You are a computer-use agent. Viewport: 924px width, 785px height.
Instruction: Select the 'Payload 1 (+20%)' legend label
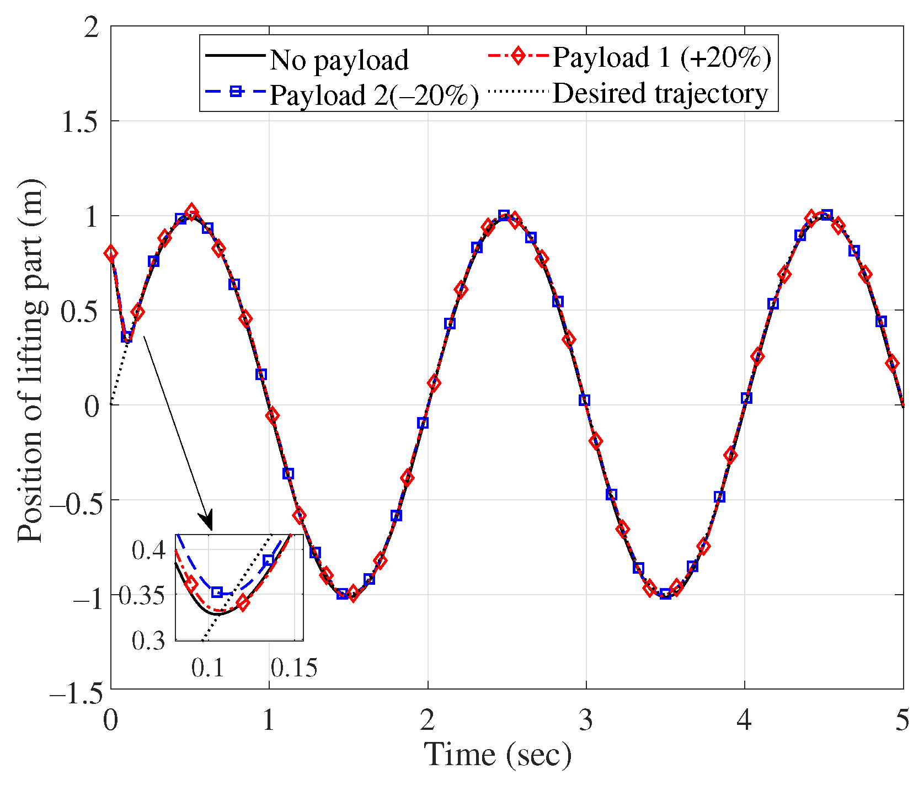tap(661, 57)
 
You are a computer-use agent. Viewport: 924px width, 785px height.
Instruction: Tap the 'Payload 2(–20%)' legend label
tap(374, 95)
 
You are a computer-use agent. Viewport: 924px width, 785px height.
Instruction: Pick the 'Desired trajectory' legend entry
tap(660, 93)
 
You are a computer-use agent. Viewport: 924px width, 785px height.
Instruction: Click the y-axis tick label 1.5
tap(81, 121)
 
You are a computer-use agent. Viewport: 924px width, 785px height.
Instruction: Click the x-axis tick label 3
tap(586, 720)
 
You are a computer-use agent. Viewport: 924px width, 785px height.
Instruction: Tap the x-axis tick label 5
tap(902, 720)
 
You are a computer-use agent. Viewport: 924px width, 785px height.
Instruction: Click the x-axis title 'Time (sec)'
tap(498, 755)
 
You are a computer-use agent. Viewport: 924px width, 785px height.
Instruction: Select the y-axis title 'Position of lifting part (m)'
tap(30, 361)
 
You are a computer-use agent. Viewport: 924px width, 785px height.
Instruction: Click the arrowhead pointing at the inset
tap(207, 522)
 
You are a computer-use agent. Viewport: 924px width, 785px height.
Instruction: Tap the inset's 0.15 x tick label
tap(294, 667)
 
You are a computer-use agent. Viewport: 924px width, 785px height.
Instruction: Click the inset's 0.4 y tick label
tap(148, 550)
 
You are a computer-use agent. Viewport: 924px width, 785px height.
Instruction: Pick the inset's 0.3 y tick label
tap(148, 640)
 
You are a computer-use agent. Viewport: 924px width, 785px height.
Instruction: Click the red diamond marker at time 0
tap(111, 254)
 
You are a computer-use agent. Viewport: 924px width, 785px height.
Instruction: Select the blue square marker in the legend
tap(236, 92)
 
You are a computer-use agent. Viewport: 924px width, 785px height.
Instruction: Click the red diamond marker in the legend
tap(517, 56)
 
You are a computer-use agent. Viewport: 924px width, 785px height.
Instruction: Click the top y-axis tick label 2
tap(92, 28)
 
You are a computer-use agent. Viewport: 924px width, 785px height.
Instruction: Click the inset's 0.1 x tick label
tap(208, 667)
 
